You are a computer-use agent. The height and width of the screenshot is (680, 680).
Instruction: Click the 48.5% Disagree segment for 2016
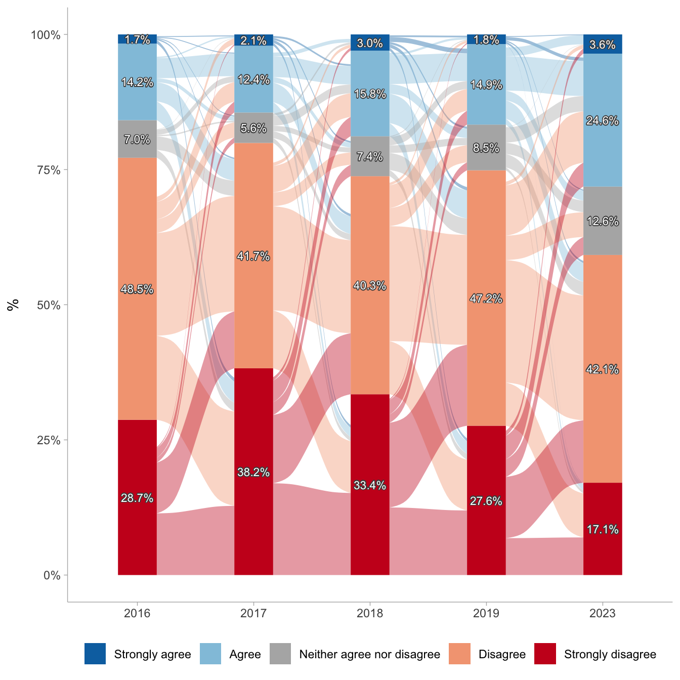(x=137, y=304)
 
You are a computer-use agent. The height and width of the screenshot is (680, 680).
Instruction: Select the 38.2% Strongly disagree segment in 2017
(x=253, y=486)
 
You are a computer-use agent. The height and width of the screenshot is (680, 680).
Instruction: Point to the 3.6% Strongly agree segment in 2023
(x=603, y=45)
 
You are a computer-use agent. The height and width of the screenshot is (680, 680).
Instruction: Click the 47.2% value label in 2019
(x=486, y=299)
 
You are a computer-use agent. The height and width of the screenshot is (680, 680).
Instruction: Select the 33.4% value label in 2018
(x=370, y=486)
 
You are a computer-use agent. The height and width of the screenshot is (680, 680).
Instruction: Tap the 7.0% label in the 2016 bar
(x=137, y=140)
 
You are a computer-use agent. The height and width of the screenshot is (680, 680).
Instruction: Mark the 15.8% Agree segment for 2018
(x=370, y=109)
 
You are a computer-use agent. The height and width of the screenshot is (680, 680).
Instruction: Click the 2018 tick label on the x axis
(x=370, y=614)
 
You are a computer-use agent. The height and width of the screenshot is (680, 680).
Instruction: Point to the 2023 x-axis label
(x=603, y=614)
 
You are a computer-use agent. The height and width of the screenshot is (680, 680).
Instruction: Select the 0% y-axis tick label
(x=52, y=575)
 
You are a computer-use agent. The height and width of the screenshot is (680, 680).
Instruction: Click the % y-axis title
(x=13, y=305)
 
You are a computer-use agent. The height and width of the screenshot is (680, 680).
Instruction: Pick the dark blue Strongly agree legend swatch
(x=95, y=654)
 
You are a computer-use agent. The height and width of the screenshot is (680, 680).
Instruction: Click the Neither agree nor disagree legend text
(x=369, y=654)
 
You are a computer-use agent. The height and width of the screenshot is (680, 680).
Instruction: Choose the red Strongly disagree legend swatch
(x=545, y=654)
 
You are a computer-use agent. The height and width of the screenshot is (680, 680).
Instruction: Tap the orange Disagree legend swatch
(x=459, y=654)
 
